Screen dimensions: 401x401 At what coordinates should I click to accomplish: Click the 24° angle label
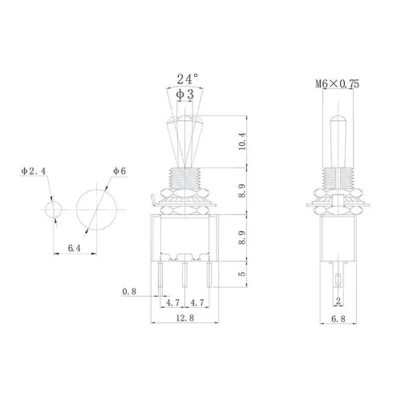click(x=184, y=80)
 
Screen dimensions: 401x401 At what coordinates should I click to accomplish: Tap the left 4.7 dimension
click(x=172, y=305)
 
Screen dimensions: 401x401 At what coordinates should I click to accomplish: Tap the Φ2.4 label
click(x=33, y=170)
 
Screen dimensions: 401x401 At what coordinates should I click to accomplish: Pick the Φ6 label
click(x=119, y=170)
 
